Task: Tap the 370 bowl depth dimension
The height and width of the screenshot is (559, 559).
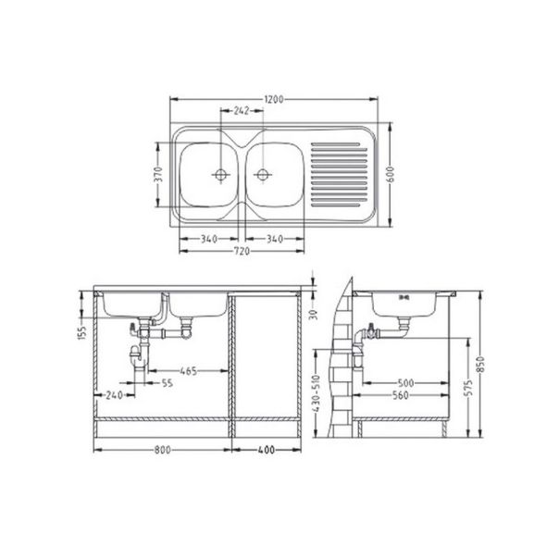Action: [x=158, y=174]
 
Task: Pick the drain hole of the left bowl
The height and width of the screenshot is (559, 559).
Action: [x=221, y=174]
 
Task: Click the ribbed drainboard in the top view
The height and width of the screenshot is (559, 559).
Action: [x=339, y=174]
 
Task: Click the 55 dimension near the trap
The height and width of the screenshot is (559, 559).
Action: [x=167, y=382]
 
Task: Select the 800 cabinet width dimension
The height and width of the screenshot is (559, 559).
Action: [x=162, y=451]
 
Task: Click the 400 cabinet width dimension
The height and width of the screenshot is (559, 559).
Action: [x=267, y=451]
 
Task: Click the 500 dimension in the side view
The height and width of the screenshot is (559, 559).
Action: [x=406, y=380]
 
